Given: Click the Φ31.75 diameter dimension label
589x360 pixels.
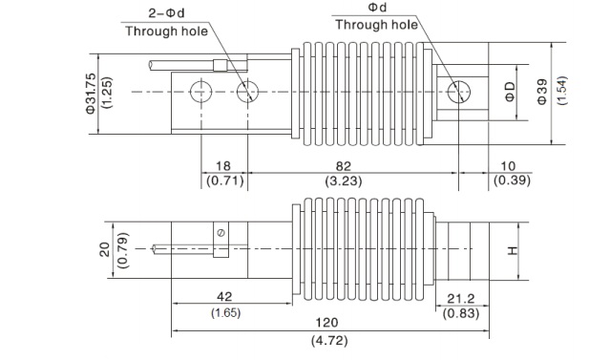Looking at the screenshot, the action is tap(91, 94).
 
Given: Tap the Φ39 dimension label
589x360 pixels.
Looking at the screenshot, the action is tap(542, 92).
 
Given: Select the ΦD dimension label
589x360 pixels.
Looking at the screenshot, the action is tap(510, 92).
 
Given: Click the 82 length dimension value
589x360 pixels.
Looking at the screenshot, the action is tap(344, 166).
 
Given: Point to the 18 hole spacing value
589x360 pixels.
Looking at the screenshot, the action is tap(223, 166).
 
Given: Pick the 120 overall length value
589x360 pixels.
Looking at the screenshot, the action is tap(326, 323).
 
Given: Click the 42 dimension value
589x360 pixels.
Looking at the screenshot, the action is tap(224, 297).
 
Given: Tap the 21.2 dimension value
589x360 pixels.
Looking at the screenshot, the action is tap(461, 299).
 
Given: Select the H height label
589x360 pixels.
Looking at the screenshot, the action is tap(513, 250).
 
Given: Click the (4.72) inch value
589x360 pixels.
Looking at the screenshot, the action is tap(329, 341).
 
